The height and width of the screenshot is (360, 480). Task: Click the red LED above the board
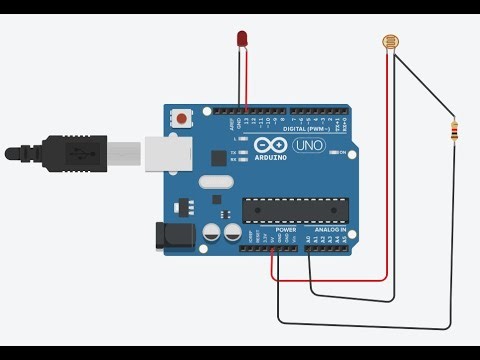[x=242, y=39]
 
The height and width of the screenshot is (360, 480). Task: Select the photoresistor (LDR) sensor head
[x=390, y=42]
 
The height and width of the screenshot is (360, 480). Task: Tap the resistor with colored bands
[x=457, y=130]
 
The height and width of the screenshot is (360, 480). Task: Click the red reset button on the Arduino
[x=182, y=118]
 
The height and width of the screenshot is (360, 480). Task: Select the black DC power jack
[x=172, y=236]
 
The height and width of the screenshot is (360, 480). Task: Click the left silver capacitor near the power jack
[x=212, y=233]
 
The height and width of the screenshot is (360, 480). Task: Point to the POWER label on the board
[x=285, y=229]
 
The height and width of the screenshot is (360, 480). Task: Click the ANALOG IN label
[x=330, y=229]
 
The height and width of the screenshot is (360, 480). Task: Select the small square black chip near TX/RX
[x=218, y=157]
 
